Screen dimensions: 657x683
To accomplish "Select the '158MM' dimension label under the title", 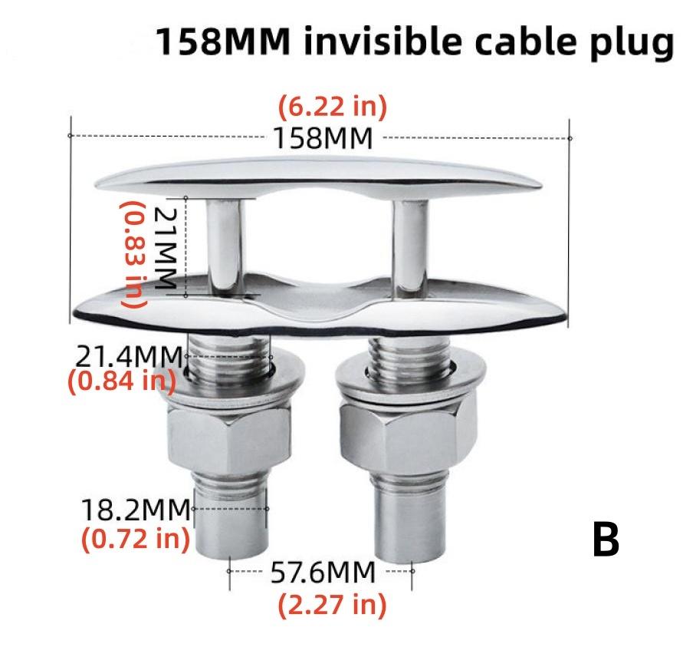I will [x=323, y=139].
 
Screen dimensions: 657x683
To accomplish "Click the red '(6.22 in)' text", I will [x=332, y=106].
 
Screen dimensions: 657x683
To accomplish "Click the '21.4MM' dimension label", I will [x=130, y=357].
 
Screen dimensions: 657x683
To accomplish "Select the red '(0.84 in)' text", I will [x=123, y=380].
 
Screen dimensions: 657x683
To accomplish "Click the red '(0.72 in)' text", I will [x=135, y=538].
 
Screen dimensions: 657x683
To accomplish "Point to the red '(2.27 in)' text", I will [x=331, y=606].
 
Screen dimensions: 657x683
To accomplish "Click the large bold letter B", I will [x=606, y=540].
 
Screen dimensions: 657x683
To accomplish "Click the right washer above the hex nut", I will [x=399, y=391].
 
